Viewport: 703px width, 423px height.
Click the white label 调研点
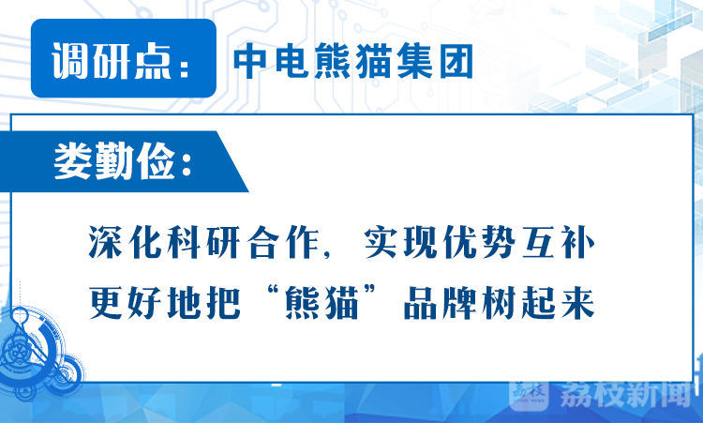[x=112, y=61]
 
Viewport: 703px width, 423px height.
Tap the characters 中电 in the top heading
[x=272, y=62]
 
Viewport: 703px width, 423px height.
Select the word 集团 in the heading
[x=434, y=62]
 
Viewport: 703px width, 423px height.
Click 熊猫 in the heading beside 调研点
[x=352, y=62]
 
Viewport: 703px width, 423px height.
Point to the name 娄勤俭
[x=114, y=161]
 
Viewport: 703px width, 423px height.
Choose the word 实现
[x=400, y=243]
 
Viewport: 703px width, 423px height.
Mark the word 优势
[x=479, y=243]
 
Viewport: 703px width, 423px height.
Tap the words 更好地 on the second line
[x=148, y=303]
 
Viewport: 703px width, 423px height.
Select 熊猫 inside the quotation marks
[x=322, y=303]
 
